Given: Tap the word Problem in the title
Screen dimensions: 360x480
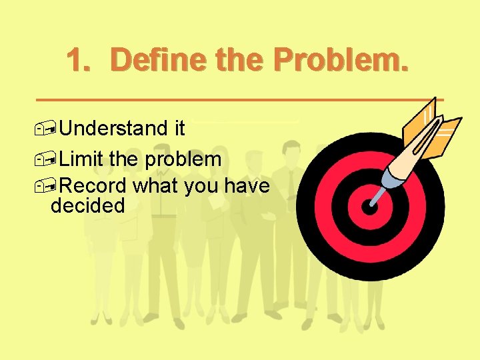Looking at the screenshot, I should [340, 61].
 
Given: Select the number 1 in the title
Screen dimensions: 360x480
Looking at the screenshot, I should [77, 61].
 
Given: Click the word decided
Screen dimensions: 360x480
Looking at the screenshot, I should [88, 205].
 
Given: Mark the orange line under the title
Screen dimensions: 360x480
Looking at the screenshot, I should [240, 99].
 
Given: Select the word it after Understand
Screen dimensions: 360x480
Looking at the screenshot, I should [179, 128].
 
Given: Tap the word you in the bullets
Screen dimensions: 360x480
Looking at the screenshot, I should [201, 186].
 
